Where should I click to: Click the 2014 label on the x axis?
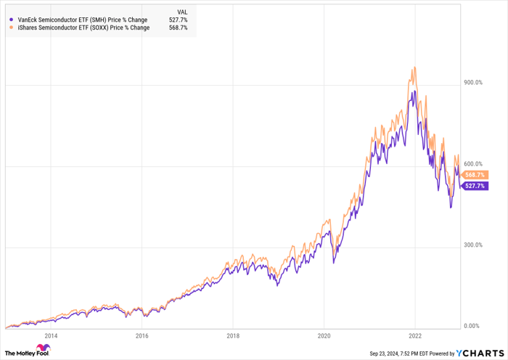tap(51, 336)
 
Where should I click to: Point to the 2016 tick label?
tap(142, 336)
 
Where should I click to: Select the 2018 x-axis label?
tap(233, 336)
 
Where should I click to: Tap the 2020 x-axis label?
tap(324, 336)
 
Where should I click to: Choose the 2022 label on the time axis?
tap(415, 336)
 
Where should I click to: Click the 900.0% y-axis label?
tap(472, 83)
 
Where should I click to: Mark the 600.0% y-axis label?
tap(472, 164)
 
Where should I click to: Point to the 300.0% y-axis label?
tap(472, 245)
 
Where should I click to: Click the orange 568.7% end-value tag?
tap(476, 175)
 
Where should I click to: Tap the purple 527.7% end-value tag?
tap(476, 186)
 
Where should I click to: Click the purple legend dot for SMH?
tap(12, 20)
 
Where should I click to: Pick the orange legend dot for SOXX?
tap(12, 28)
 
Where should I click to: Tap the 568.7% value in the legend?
tap(179, 28)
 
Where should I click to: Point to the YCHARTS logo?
tap(476, 353)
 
